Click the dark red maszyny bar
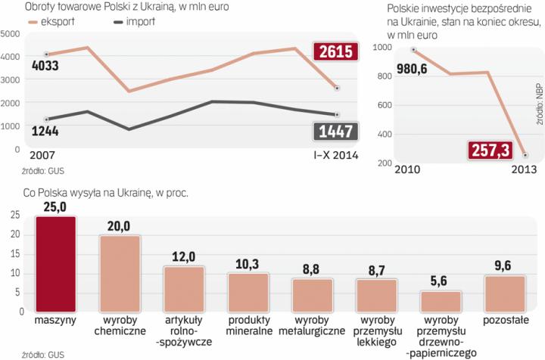coord(55,265)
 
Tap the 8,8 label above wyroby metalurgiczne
coord(312,269)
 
